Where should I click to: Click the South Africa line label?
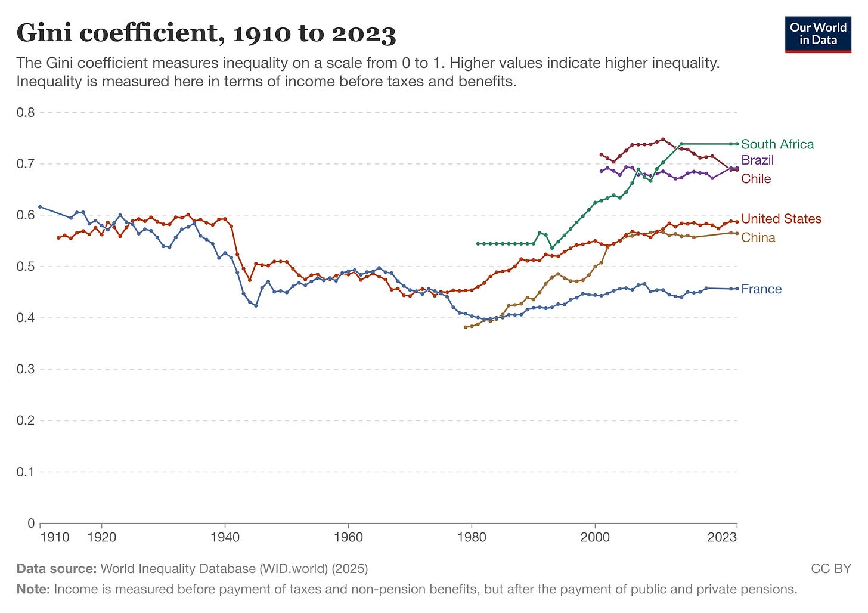tap(777, 144)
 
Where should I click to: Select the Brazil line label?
tap(757, 160)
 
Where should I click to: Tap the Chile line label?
tap(756, 179)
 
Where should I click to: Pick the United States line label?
tap(781, 219)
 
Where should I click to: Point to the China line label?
tap(758, 237)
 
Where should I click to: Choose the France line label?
tap(761, 289)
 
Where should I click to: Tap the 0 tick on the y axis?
tap(31, 524)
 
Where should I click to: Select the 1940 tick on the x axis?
tap(225, 537)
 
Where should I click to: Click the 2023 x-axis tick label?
tap(722, 537)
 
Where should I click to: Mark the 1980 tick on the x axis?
tap(472, 537)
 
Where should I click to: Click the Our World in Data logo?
tap(818, 35)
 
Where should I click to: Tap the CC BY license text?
tap(831, 569)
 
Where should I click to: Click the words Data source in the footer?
tap(56, 569)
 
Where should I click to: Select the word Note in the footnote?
tap(33, 590)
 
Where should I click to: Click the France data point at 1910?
tap(40, 207)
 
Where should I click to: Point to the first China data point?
tap(466, 327)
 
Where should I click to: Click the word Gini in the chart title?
tap(44, 33)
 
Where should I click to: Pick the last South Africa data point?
tap(737, 144)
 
